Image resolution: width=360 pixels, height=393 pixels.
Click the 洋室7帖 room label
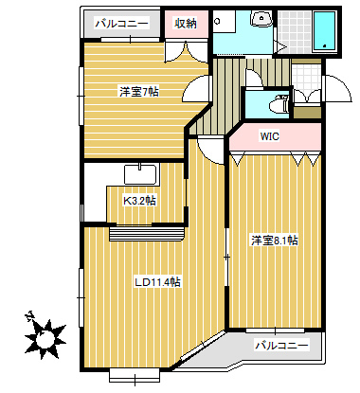pos(139,92)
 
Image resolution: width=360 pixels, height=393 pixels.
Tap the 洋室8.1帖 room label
pos(275,241)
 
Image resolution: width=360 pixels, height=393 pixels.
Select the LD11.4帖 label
pos(157,282)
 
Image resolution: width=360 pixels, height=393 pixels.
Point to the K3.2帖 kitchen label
pos(139,201)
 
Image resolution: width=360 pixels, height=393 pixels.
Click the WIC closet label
pos(269,136)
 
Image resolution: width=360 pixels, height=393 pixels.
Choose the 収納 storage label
pos(186,23)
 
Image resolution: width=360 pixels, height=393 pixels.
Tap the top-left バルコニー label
pos(122,24)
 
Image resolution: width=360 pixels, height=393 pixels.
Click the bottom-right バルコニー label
pos(281,345)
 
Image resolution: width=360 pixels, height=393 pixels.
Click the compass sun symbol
pos(45,339)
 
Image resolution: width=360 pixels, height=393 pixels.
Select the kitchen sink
pos(140,174)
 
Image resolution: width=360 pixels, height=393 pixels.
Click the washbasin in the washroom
pos(261,18)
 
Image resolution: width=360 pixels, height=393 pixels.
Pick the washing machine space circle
pos(217,22)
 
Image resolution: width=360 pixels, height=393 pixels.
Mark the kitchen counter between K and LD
pos(147,233)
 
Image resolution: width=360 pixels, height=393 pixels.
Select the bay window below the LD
pos(135,376)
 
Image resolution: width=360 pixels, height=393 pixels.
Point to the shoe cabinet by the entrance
pos(307,112)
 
